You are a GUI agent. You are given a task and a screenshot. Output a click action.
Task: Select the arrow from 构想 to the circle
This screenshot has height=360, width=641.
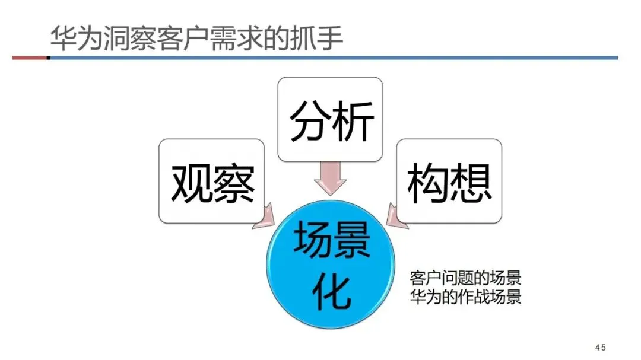(396, 216)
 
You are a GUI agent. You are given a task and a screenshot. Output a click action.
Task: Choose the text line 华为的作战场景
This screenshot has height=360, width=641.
(465, 297)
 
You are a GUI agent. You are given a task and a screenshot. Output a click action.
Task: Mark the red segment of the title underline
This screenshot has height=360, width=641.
(30, 58)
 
